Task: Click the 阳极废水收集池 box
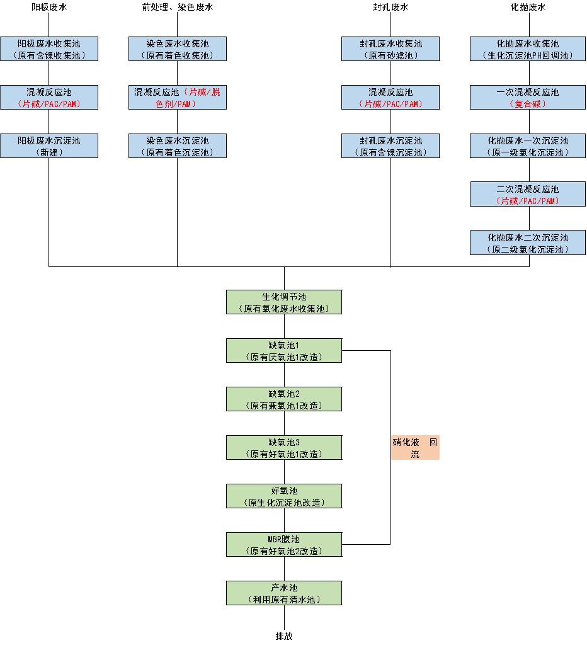click(49, 49)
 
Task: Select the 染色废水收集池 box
click(177, 49)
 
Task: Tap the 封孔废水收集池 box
click(390, 49)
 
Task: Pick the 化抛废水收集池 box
click(528, 49)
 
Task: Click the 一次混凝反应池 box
click(528, 98)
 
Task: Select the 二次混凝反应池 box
click(528, 195)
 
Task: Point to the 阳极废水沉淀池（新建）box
click(49, 146)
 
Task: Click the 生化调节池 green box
click(284, 302)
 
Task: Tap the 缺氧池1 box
click(284, 351)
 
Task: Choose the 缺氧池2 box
click(284, 399)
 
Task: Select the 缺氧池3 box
click(284, 448)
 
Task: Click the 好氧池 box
click(284, 496)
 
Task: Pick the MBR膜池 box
click(284, 545)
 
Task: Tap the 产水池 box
click(284, 593)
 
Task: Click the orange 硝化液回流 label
click(415, 448)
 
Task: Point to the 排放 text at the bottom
click(284, 636)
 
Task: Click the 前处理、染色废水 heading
click(177, 8)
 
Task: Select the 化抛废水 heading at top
click(528, 8)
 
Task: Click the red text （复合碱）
click(528, 104)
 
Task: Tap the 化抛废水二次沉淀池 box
click(528, 243)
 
